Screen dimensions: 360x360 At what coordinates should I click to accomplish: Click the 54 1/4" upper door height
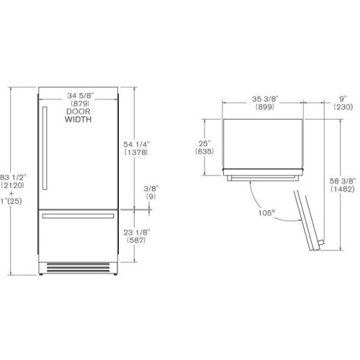click(x=135, y=145)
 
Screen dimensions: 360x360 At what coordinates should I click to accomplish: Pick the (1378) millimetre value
click(x=135, y=154)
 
